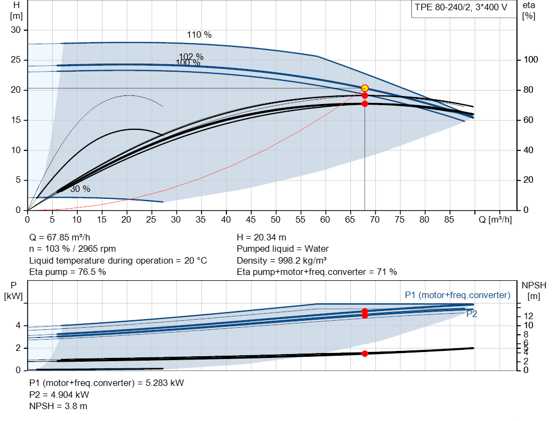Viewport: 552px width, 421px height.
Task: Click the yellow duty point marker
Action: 365,88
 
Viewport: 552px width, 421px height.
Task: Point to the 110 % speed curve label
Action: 199,34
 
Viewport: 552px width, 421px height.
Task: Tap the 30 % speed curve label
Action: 80,189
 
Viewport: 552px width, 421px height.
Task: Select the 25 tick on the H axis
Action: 16,59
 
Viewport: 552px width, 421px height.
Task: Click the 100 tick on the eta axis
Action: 531,59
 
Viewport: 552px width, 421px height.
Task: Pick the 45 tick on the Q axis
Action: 251,219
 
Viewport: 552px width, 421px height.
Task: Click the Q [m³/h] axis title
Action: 495,219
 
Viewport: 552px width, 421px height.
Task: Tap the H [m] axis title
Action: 16,11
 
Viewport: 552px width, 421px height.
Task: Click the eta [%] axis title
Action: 529,11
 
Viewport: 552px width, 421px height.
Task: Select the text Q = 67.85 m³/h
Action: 60,237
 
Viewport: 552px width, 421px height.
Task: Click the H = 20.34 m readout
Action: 261,237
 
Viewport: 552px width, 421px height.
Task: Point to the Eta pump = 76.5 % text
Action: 67,272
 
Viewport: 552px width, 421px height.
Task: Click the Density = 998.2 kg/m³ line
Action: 281,260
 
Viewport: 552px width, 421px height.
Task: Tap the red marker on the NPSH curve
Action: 365,354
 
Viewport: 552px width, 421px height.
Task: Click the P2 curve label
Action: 472,314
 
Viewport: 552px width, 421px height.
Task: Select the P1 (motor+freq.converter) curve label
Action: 458,295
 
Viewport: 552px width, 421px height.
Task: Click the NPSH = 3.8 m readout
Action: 58,406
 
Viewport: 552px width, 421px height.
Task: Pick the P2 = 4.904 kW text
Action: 59,395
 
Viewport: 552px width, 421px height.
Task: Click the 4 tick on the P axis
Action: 18,326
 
